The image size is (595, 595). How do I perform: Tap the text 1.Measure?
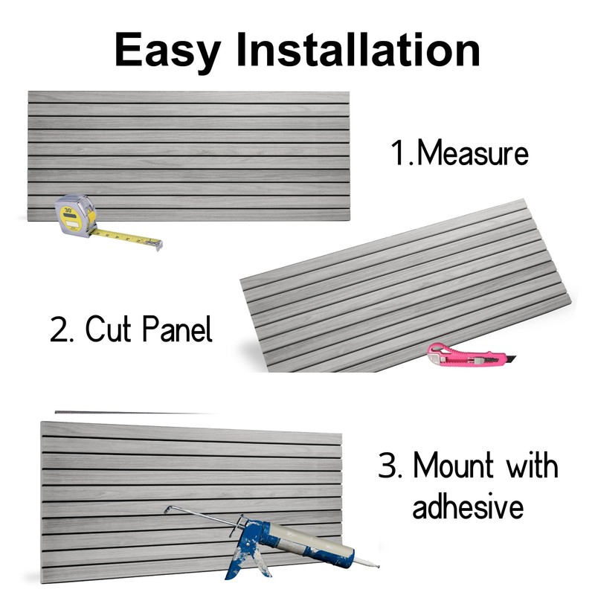(460, 153)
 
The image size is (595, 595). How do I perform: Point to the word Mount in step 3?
(454, 466)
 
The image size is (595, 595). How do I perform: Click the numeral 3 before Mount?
(389, 466)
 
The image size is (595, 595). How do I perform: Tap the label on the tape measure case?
(68, 211)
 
